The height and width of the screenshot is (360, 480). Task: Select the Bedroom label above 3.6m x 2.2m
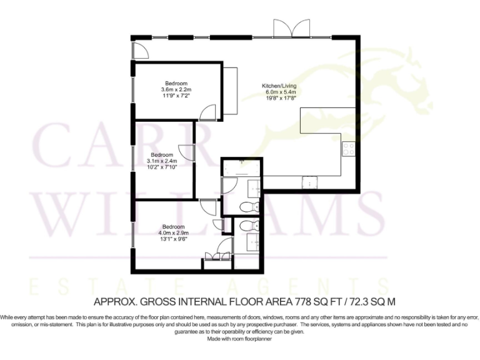(x=176, y=83)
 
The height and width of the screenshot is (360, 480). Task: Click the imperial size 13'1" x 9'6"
(x=173, y=239)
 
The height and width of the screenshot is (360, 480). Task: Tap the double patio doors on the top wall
(x=291, y=29)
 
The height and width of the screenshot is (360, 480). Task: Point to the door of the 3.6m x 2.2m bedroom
(x=208, y=112)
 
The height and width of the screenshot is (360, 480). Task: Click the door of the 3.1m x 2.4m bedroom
(x=186, y=152)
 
